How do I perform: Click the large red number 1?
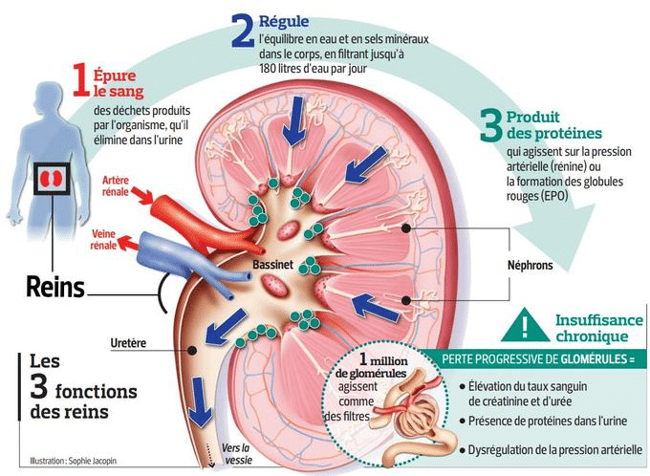(81, 79)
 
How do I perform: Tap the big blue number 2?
(243, 31)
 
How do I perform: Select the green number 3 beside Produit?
(490, 125)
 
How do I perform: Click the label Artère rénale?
(116, 186)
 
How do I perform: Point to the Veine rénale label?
(103, 240)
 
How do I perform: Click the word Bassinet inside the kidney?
(272, 265)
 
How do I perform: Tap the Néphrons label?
(531, 266)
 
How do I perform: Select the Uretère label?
(128, 343)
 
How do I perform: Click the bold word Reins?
(55, 287)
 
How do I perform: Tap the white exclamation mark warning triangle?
(525, 326)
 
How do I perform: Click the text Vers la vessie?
(238, 454)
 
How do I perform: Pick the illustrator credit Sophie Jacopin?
(73, 461)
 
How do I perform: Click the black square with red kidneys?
(52, 179)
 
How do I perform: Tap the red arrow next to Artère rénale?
(141, 195)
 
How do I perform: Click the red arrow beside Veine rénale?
(127, 243)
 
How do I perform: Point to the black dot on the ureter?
(191, 351)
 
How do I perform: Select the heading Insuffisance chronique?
(599, 328)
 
